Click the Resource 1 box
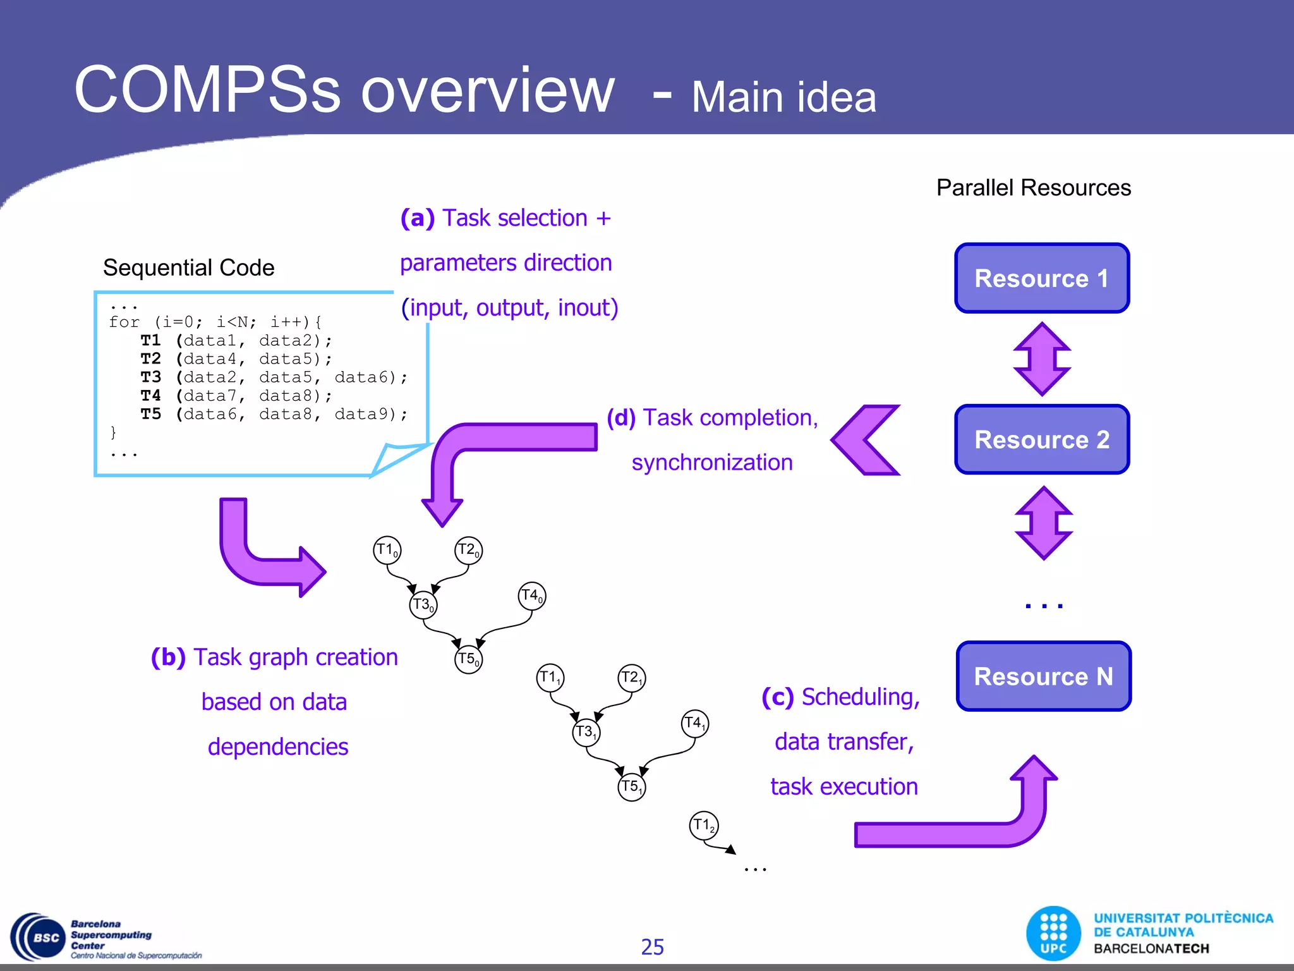(x=1042, y=278)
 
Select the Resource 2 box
(x=1042, y=439)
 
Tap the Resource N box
(x=1043, y=676)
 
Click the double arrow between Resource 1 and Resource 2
(x=1042, y=358)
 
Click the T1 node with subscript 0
(x=387, y=550)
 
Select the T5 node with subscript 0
(x=468, y=659)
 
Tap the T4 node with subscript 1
(x=695, y=723)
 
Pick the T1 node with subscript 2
(x=703, y=825)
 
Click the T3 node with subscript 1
(x=586, y=733)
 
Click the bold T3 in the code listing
(x=150, y=377)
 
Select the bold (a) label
(x=418, y=218)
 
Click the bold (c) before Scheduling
(x=777, y=697)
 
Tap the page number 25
(x=652, y=947)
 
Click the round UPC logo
(x=1053, y=933)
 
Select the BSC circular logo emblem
(x=39, y=937)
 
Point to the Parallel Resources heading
(x=1033, y=188)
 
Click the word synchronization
(x=712, y=462)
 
